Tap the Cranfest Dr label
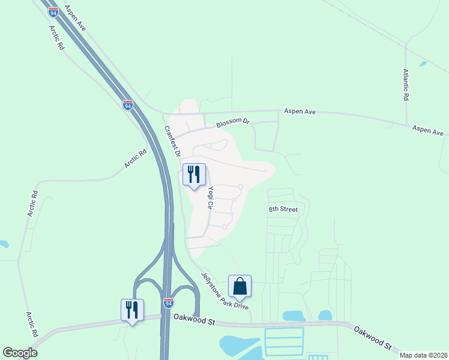click(x=172, y=141)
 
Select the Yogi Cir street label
click(x=211, y=197)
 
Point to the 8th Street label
click(x=283, y=209)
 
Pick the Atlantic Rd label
click(x=406, y=85)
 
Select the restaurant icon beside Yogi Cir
click(x=194, y=175)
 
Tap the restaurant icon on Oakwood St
click(x=133, y=310)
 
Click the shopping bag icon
click(x=240, y=286)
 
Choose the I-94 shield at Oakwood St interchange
click(x=169, y=304)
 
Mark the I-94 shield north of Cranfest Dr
click(x=128, y=105)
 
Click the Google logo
click(x=20, y=353)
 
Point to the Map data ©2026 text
click(x=423, y=355)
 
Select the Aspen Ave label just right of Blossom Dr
click(x=300, y=112)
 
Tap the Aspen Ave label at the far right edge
click(x=428, y=130)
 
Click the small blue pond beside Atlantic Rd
click(x=424, y=64)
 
